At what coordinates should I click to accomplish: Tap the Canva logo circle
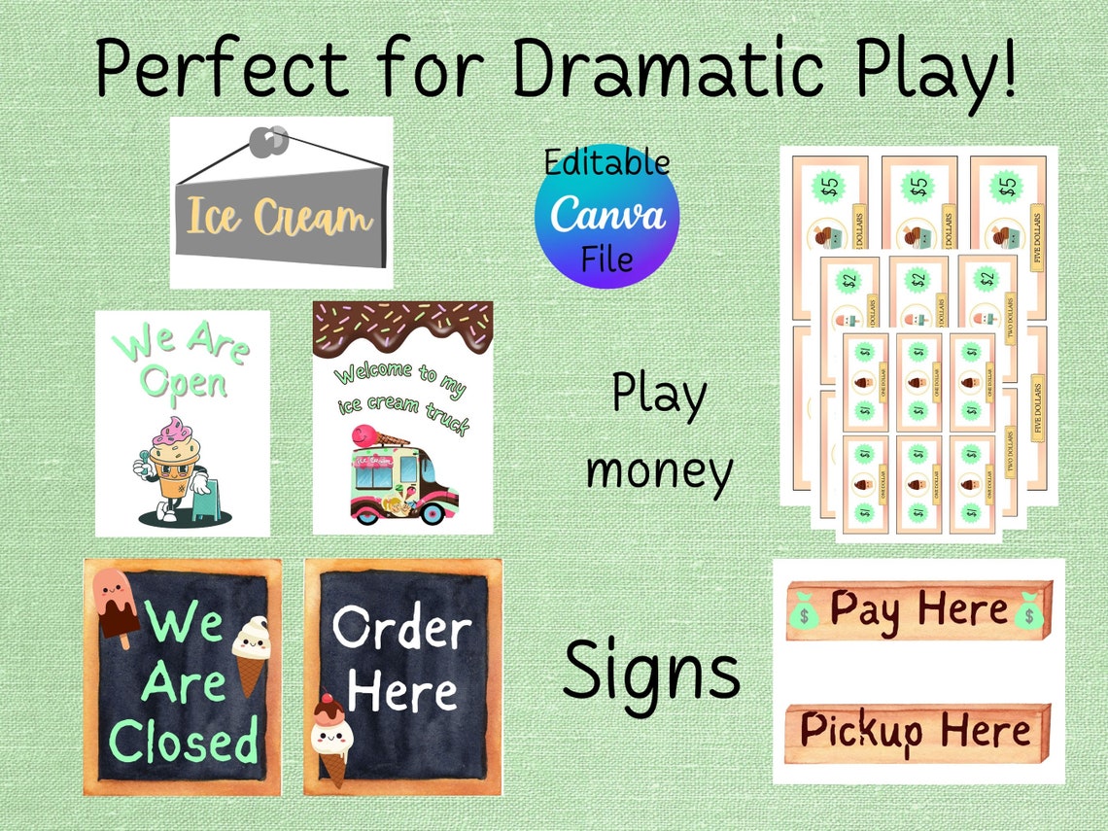click(607, 216)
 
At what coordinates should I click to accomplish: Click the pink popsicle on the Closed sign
click(114, 606)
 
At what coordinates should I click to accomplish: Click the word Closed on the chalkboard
click(184, 742)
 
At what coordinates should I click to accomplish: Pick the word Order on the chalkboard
click(401, 630)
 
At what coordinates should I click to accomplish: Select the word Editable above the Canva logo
click(606, 162)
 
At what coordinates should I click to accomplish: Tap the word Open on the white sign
click(183, 382)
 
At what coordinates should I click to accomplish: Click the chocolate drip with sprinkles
click(402, 327)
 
